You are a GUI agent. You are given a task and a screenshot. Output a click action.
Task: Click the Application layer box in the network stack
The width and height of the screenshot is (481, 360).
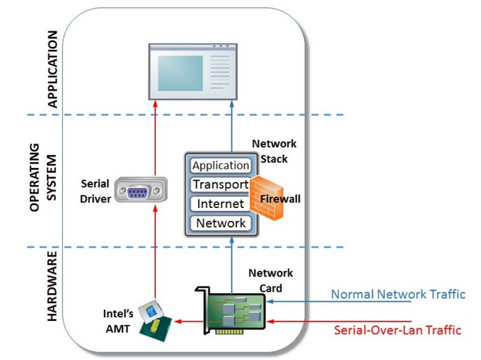(x=221, y=166)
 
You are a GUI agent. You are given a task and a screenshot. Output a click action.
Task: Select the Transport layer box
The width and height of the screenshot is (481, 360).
(x=221, y=184)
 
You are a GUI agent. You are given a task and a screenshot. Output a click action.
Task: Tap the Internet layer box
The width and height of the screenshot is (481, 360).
(x=221, y=203)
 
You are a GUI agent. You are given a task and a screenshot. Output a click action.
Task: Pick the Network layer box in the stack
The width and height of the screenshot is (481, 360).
(x=221, y=223)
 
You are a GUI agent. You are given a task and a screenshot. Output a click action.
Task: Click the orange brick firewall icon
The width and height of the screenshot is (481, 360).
(x=266, y=198)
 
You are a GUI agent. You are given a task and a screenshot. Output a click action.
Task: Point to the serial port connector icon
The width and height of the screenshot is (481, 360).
(x=141, y=190)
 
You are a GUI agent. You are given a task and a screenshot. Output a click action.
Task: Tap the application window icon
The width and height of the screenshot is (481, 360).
(x=193, y=71)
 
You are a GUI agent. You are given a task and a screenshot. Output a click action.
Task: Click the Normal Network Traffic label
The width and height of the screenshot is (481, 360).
(x=398, y=294)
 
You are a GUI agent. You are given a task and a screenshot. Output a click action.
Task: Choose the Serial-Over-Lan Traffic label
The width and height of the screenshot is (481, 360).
(x=397, y=330)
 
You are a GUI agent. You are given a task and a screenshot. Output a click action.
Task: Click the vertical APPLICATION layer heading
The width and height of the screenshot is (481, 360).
(x=52, y=69)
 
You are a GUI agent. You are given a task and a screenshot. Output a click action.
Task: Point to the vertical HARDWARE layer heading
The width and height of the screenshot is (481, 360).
(x=52, y=286)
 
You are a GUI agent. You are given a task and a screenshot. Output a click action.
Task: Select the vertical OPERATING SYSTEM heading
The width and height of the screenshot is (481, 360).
(x=43, y=177)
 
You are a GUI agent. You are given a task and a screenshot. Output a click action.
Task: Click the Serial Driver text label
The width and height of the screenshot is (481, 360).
(x=95, y=191)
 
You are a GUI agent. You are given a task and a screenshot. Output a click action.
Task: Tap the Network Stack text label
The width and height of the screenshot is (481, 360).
(x=274, y=151)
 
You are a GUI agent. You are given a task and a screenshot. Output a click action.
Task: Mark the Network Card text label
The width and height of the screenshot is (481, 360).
(x=270, y=280)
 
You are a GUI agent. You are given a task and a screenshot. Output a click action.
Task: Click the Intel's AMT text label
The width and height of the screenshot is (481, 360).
(x=118, y=321)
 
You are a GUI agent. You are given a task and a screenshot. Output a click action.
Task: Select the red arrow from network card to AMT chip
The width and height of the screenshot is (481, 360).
(x=190, y=322)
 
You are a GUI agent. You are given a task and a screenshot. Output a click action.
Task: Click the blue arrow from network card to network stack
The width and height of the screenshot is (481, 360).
(x=231, y=266)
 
